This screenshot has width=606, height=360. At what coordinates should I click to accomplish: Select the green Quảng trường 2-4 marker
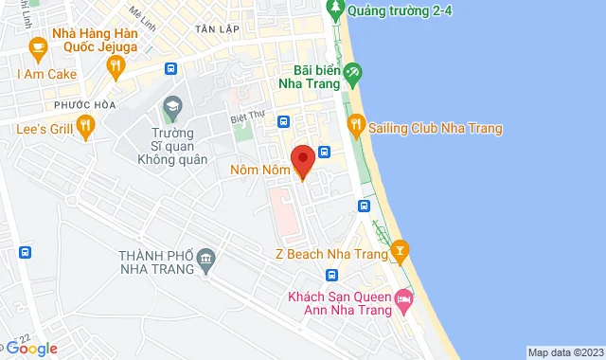point(334,9)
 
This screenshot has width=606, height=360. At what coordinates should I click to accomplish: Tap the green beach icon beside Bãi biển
point(352,71)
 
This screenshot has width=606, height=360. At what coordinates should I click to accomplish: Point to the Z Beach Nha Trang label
point(331,254)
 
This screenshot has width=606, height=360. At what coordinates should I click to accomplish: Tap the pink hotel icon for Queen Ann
point(404,298)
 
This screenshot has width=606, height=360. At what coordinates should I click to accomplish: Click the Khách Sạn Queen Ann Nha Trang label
point(338,305)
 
